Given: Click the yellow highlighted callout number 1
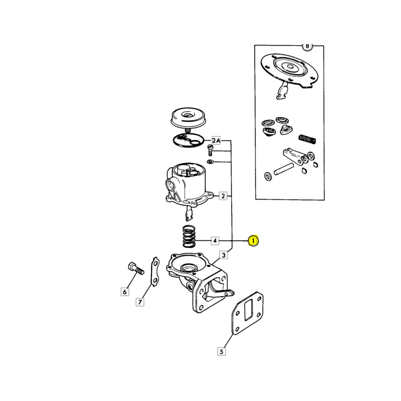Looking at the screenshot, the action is click(x=253, y=241).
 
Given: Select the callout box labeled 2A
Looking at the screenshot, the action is click(x=216, y=140).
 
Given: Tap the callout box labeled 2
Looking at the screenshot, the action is click(x=223, y=196).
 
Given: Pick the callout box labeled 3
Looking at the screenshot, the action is click(x=224, y=255).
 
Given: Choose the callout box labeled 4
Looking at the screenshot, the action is click(x=215, y=241).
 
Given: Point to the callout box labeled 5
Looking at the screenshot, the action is click(x=221, y=351).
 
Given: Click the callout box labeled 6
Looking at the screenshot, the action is click(x=125, y=292).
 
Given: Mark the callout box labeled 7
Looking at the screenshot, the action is click(x=140, y=302).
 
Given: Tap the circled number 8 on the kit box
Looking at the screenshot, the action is click(x=307, y=46).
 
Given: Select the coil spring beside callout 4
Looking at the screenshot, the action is click(x=189, y=236).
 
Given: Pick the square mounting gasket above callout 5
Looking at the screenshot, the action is click(x=247, y=313).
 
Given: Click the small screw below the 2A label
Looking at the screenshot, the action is click(x=210, y=150).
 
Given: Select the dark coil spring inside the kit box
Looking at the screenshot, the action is click(x=307, y=139).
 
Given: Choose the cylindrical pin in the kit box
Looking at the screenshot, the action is click(x=283, y=169).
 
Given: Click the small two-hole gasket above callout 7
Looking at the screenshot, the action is click(x=155, y=272).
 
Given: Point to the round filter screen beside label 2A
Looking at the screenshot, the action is click(x=188, y=140).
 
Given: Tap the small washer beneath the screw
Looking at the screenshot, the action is click(x=210, y=161).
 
